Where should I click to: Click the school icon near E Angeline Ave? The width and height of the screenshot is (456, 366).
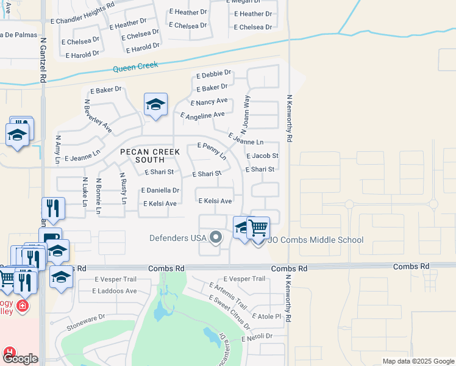pos(155,105)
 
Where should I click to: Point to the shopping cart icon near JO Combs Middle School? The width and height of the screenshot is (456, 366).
pos(258,228)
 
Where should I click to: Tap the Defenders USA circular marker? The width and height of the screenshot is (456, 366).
pos(215,237)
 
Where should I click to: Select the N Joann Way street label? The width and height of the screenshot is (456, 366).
pos(245,113)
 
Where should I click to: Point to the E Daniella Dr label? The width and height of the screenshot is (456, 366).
pos(160,190)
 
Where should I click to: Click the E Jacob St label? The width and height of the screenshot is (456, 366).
pos(262,156)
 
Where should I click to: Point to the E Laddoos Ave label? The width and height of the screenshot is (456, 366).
pos(115,291)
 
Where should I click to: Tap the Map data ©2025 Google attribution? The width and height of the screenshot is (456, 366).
pos(418,361)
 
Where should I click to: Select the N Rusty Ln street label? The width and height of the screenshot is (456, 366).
pos(123,188)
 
